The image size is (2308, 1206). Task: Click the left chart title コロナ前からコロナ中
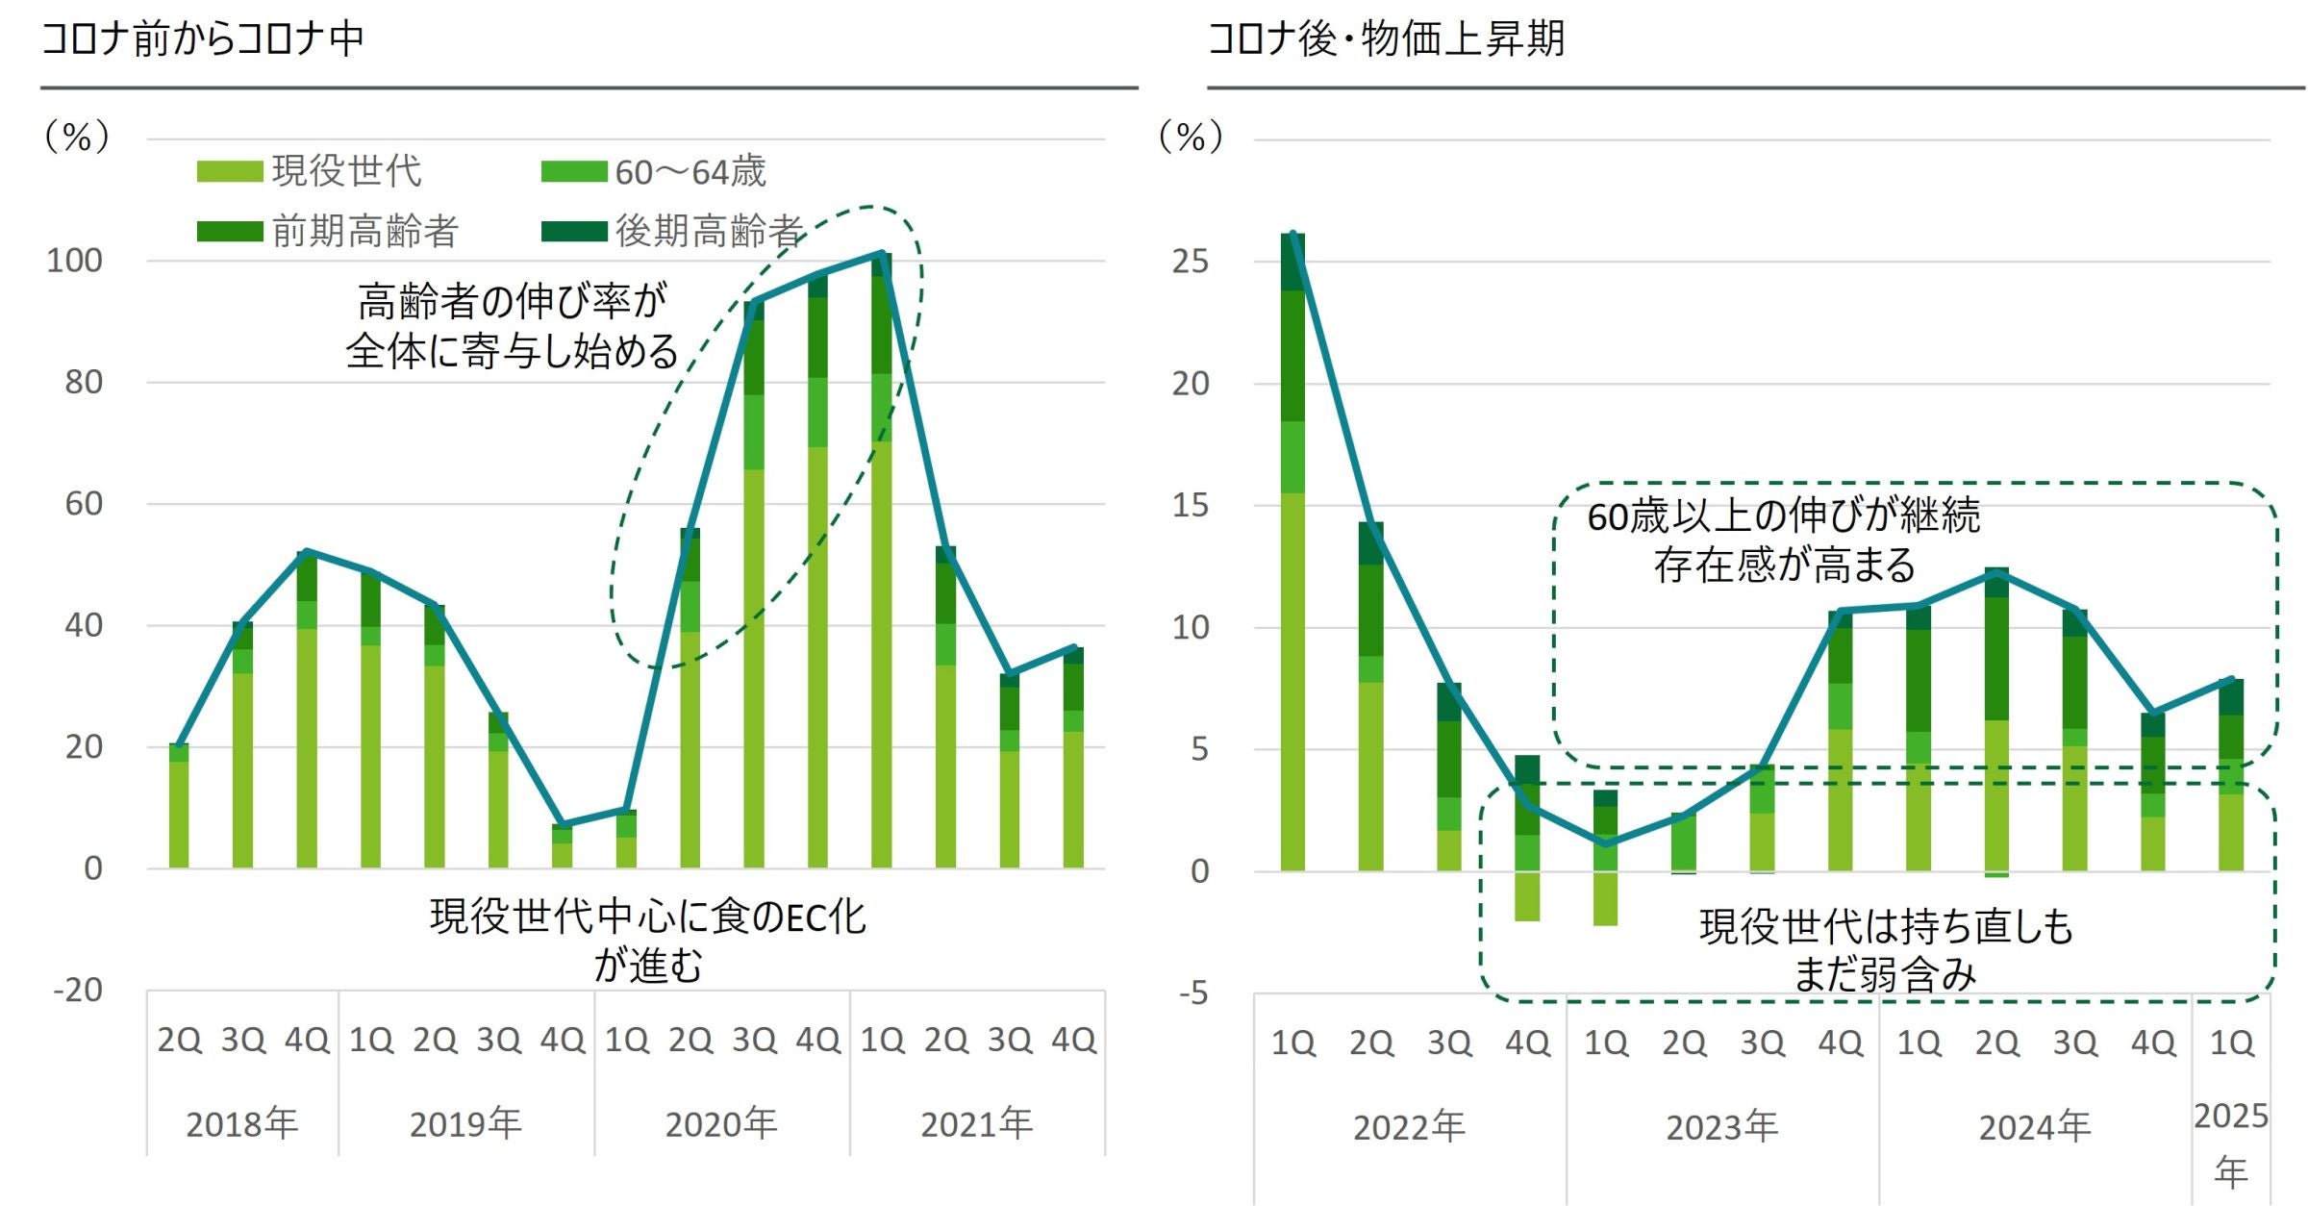[x=203, y=39]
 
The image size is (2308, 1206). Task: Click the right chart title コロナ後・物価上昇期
[x=1386, y=39]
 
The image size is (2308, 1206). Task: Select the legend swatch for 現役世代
[x=229, y=172]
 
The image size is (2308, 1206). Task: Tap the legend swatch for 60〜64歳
[x=573, y=172]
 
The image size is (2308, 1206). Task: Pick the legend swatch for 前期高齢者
[x=229, y=232]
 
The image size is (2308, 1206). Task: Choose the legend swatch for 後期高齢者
[x=573, y=232]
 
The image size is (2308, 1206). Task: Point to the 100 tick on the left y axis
[x=75, y=261]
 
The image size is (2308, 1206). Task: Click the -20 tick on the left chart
[x=78, y=991]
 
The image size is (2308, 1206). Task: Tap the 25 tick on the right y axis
[x=1190, y=262]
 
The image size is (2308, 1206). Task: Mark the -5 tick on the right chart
[x=1193, y=993]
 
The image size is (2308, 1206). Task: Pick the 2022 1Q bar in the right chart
[x=1292, y=552]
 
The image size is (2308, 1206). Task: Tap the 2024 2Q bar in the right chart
[x=1996, y=721]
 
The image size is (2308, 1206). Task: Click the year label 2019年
[x=465, y=1123]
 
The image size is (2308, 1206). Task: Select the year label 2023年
[x=1721, y=1127]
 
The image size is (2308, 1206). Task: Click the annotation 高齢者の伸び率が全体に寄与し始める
[x=512, y=326]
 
